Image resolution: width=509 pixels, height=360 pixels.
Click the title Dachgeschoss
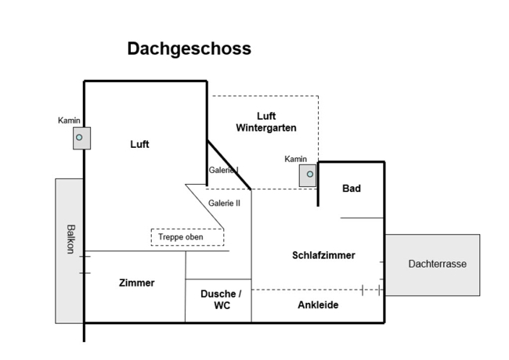[x=189, y=49]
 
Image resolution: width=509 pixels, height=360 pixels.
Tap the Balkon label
[x=70, y=239]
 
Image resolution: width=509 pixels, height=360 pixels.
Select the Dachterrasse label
[x=437, y=265]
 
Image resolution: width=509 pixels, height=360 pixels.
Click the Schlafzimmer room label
[x=323, y=255]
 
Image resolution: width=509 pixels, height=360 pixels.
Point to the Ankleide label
[x=318, y=305]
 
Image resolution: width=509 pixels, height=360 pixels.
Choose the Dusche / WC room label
[x=221, y=300]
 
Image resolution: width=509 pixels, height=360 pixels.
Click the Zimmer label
[x=136, y=283]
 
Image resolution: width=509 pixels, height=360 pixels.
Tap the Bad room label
[x=352, y=189]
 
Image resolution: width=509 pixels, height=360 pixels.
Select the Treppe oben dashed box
[x=186, y=236]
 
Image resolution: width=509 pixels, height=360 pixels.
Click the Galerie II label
[x=224, y=203]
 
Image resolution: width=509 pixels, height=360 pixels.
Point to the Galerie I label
[x=223, y=170]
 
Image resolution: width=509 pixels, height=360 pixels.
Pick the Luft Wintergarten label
[x=265, y=121]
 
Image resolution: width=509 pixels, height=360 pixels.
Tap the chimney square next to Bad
[x=309, y=175]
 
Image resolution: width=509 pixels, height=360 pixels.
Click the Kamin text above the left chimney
[x=69, y=121]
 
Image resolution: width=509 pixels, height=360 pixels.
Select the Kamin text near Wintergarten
[x=296, y=159]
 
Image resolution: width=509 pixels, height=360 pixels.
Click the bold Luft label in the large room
[x=139, y=144]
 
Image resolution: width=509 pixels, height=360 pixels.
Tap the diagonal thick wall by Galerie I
[x=229, y=165]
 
